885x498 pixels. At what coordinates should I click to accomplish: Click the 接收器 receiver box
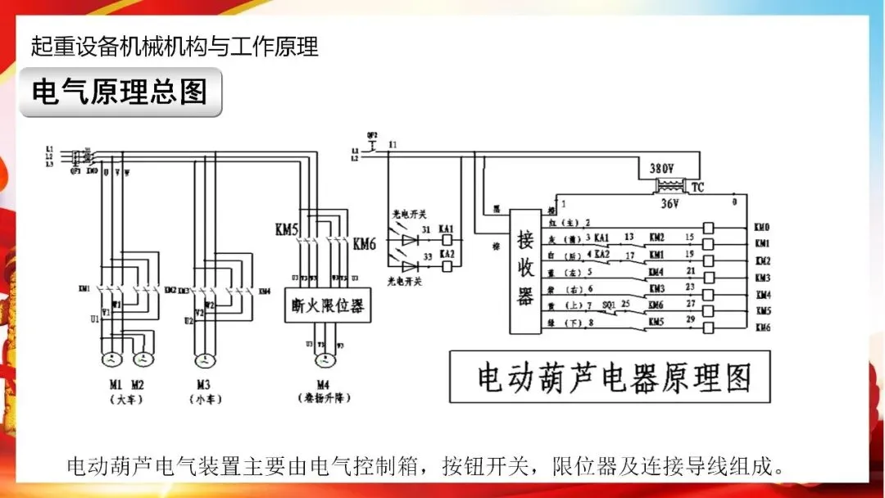coord(525,271)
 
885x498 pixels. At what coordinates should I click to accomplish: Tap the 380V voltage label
coord(662,168)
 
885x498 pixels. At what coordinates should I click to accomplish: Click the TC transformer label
coord(697,188)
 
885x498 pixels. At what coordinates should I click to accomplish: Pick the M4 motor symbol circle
coord(326,359)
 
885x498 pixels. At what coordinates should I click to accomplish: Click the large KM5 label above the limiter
coord(288,230)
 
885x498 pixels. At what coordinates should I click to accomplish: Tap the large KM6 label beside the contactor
coord(365,243)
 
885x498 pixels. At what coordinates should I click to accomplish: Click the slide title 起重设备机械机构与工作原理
coord(175,46)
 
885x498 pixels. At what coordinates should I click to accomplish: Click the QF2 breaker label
coord(372,134)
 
